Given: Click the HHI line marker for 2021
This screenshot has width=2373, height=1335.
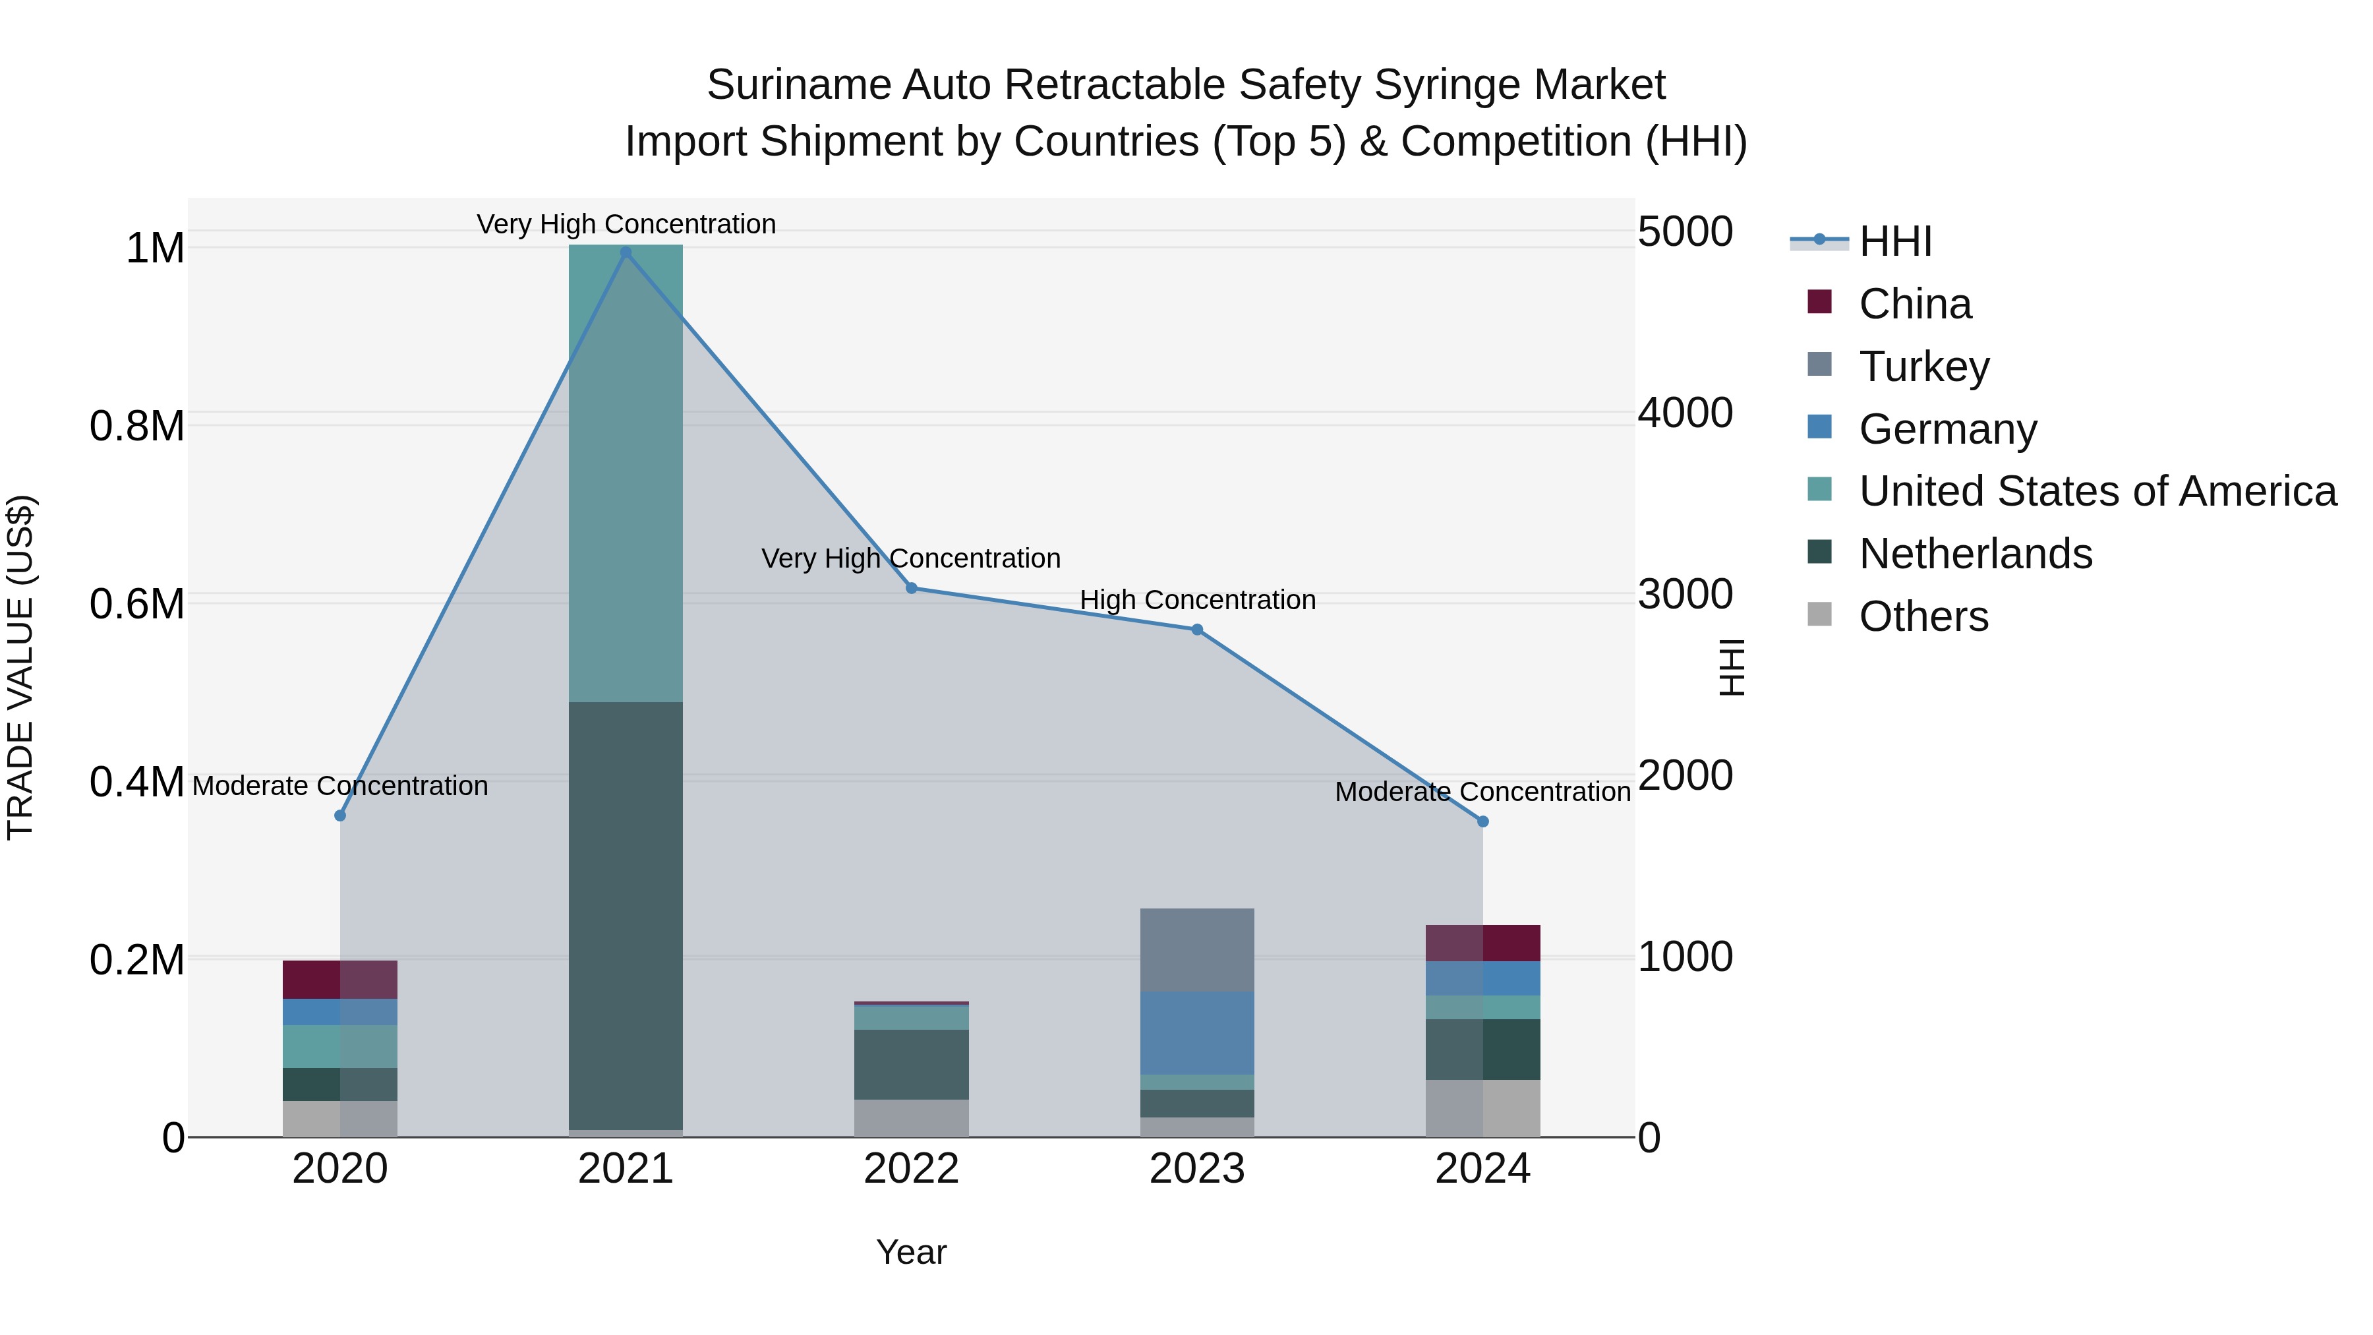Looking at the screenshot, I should pos(626,252).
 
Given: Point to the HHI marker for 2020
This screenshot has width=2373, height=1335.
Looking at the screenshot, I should pos(340,816).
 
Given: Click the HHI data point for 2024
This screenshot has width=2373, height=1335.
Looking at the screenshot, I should pos(1482,821).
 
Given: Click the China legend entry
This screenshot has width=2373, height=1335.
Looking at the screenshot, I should pos(1914,304).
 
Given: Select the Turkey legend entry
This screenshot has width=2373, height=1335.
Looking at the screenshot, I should pos(1923,367).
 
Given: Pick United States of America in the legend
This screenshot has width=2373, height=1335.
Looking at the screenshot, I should pos(2097,491).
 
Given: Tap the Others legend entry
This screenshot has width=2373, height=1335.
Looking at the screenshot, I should pos(1923,616).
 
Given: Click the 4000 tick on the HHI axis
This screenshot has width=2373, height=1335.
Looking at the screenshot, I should pos(1685,413).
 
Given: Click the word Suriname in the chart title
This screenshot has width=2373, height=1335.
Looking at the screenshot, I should pos(798,85).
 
